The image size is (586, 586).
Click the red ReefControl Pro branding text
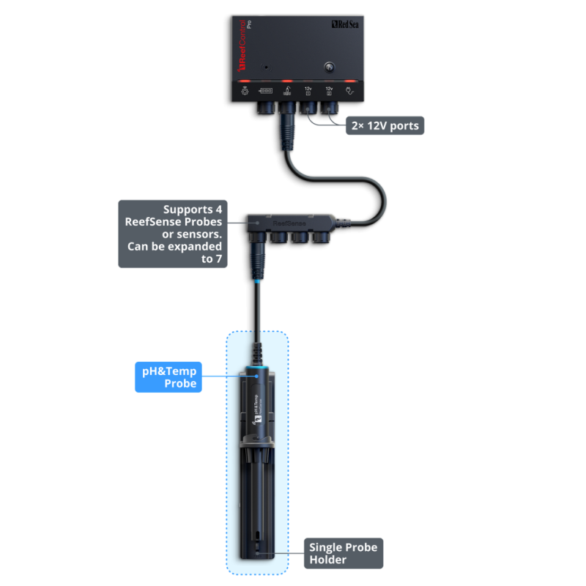(242, 45)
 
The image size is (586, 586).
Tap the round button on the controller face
(328, 67)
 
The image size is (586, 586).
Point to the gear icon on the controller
(245, 92)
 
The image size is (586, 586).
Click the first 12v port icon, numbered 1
(308, 91)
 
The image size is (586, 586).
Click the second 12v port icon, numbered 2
(329, 91)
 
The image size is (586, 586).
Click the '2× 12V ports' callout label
(385, 126)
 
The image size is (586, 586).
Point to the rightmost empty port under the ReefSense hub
(320, 238)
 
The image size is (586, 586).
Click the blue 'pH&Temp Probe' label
(171, 377)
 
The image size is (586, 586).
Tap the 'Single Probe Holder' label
(343, 553)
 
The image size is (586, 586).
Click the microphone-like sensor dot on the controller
(266, 67)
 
